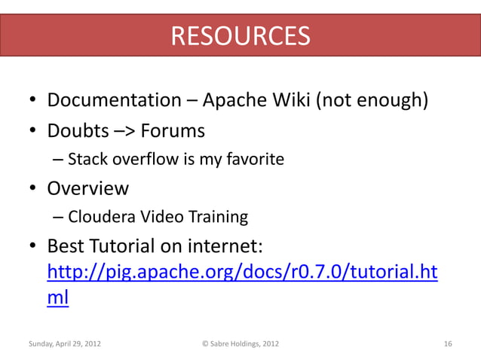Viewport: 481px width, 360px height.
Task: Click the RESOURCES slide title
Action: coord(240,35)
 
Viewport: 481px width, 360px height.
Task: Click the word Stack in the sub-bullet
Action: coord(87,160)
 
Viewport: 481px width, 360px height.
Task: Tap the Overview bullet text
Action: coord(88,188)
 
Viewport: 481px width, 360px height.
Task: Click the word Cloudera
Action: coord(100,218)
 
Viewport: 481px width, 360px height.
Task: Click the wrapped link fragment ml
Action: coord(58,297)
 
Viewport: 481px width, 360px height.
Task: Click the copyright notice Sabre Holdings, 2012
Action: coord(240,344)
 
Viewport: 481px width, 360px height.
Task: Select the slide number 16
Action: coord(448,344)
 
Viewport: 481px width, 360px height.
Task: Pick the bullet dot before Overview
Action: coord(34,189)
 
